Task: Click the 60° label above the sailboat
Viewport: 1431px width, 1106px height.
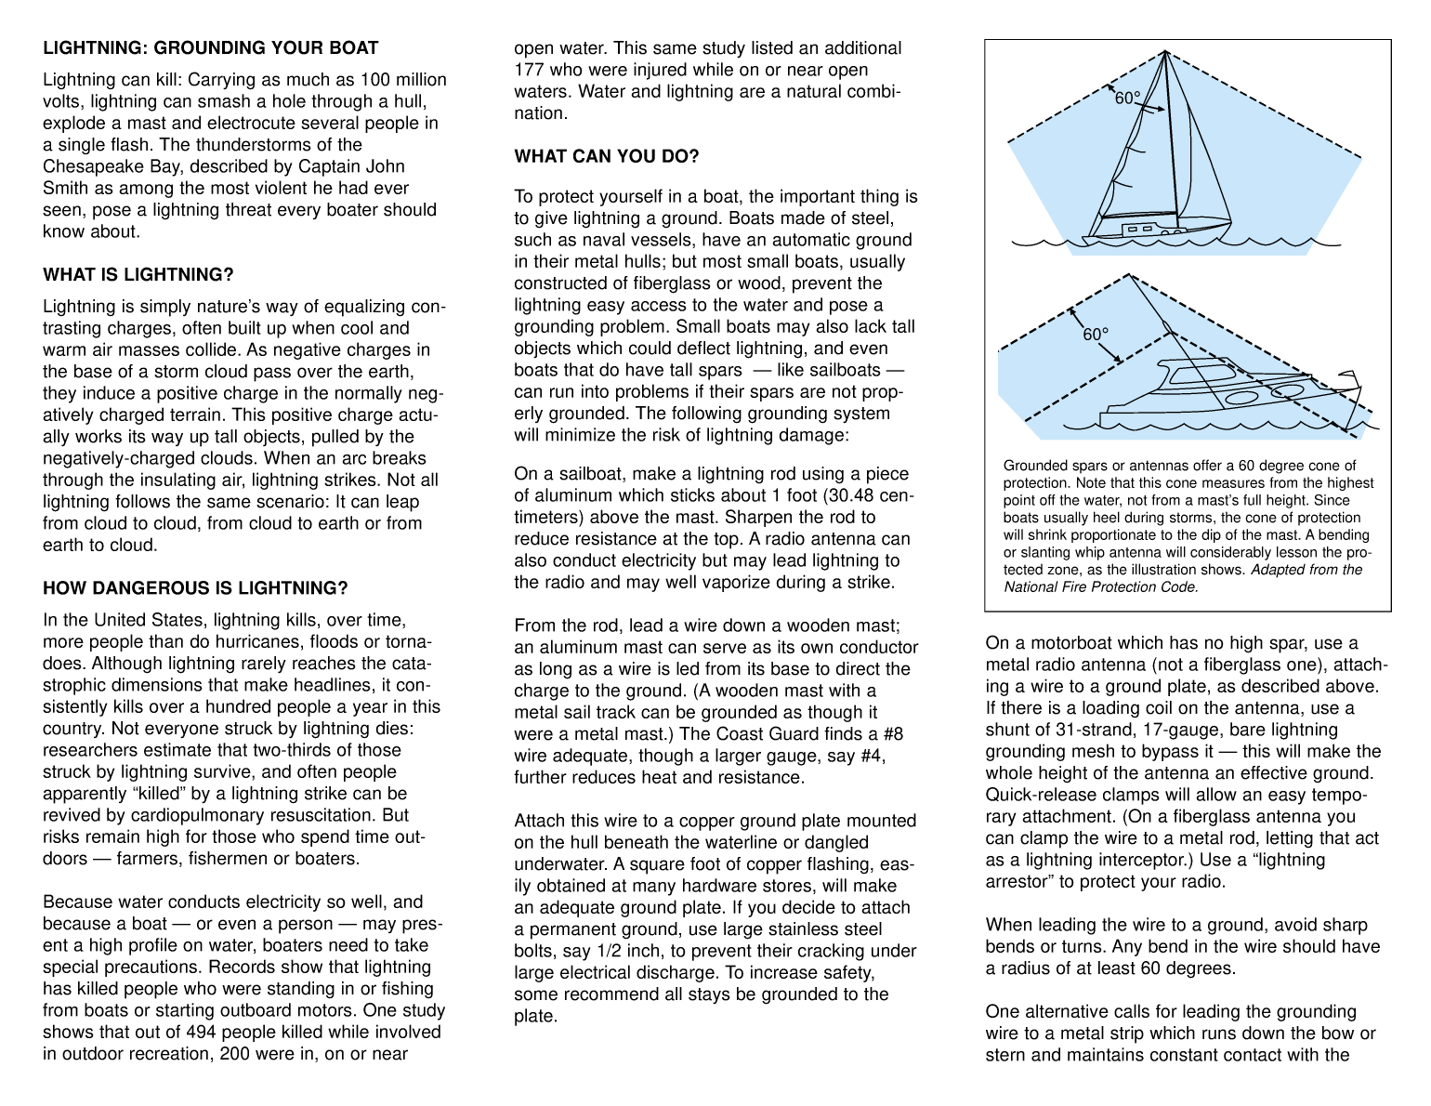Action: tap(1127, 98)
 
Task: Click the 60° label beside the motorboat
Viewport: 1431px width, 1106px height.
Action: tap(1096, 334)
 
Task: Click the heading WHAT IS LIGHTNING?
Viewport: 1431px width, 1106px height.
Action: tap(138, 275)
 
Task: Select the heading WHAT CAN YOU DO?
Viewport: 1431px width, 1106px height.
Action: tap(606, 156)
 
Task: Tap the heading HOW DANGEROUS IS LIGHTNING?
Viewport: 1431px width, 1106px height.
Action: tap(195, 588)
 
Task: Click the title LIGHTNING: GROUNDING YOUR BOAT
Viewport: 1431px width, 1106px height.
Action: tap(210, 48)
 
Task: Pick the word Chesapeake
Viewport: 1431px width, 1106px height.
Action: tap(88, 166)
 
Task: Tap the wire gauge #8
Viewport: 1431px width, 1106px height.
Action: tap(891, 734)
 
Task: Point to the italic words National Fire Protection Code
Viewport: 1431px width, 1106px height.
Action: tap(1100, 586)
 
